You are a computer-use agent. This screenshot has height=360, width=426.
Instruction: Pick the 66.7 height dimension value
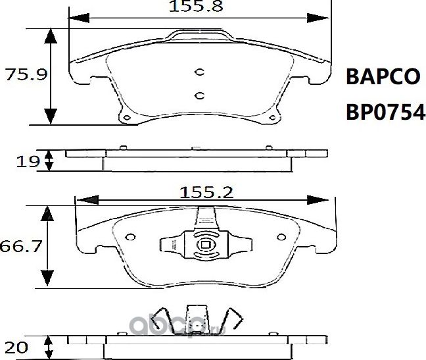click(20, 247)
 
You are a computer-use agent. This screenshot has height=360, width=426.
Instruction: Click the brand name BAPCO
click(382, 77)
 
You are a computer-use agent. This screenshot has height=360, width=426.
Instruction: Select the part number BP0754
click(385, 113)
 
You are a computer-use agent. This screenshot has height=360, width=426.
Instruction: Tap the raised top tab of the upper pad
click(200, 35)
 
